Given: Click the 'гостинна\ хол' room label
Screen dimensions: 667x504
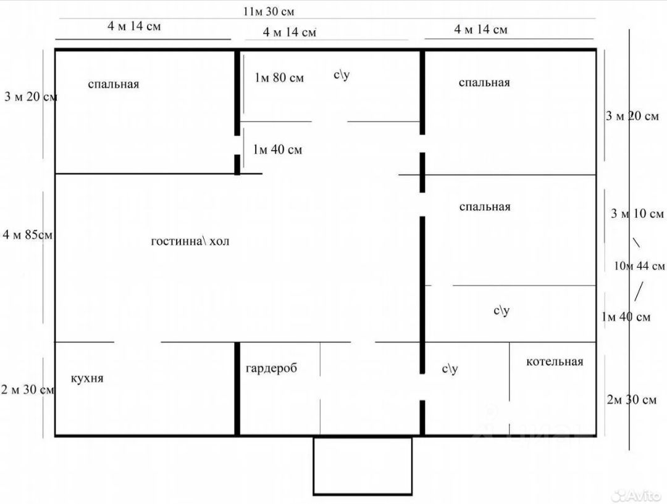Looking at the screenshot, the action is (x=190, y=241).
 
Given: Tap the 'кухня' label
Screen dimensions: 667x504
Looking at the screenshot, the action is (x=87, y=378).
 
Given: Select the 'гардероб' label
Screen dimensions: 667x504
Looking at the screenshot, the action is (x=271, y=368).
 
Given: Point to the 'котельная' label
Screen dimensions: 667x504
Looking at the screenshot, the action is (x=555, y=361).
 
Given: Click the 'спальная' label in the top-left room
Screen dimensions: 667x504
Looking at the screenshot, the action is (x=114, y=84).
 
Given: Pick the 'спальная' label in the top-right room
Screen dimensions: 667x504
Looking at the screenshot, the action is (x=484, y=83).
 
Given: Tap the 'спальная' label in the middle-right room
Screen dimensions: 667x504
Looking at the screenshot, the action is (x=485, y=207).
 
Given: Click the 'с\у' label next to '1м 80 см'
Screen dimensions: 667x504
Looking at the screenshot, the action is (x=342, y=75).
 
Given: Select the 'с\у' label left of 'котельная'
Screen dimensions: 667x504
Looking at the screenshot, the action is (x=450, y=368).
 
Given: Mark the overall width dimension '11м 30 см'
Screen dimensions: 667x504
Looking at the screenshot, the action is (x=269, y=12).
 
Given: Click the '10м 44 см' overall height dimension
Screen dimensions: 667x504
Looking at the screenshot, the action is (x=639, y=266).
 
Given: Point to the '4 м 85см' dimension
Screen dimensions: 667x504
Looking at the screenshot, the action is (x=28, y=234).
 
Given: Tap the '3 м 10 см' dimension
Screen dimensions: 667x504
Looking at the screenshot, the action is (x=637, y=213).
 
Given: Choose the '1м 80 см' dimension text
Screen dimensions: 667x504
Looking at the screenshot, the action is (x=280, y=77).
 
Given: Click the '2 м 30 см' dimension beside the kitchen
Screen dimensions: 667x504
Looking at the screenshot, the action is (x=28, y=389).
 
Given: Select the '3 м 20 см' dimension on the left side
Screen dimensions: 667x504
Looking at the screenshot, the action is (x=31, y=96).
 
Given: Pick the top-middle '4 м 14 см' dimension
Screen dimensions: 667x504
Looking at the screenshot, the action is (x=290, y=32).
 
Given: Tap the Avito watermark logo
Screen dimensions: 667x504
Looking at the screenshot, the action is (x=637, y=495).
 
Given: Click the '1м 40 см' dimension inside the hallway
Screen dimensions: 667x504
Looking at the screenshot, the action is (x=278, y=149).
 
